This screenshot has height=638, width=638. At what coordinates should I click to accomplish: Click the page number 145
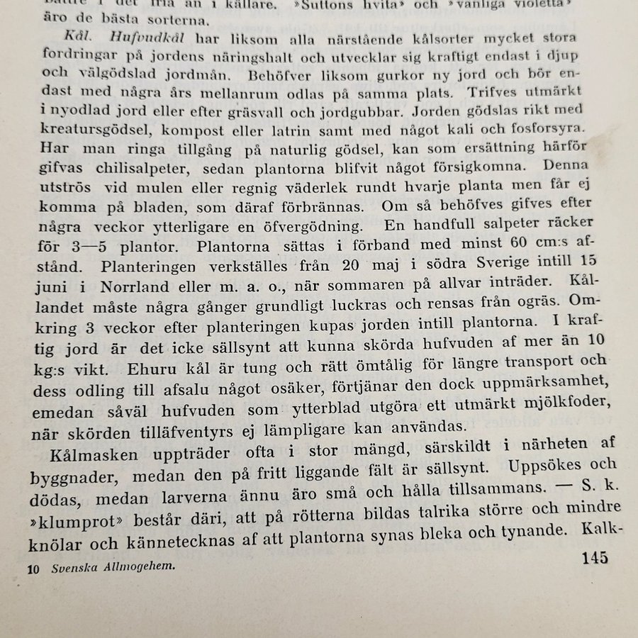click(594, 557)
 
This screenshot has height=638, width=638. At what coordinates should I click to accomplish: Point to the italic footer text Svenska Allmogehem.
click(113, 567)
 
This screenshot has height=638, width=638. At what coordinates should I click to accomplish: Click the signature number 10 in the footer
click(33, 568)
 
